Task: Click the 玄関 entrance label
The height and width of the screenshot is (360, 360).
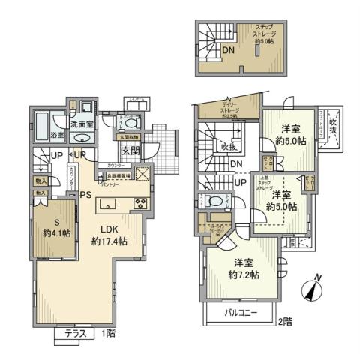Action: click(130, 150)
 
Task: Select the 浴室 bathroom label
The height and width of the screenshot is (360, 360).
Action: click(57, 136)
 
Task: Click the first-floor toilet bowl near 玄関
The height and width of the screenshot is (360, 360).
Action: click(131, 124)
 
